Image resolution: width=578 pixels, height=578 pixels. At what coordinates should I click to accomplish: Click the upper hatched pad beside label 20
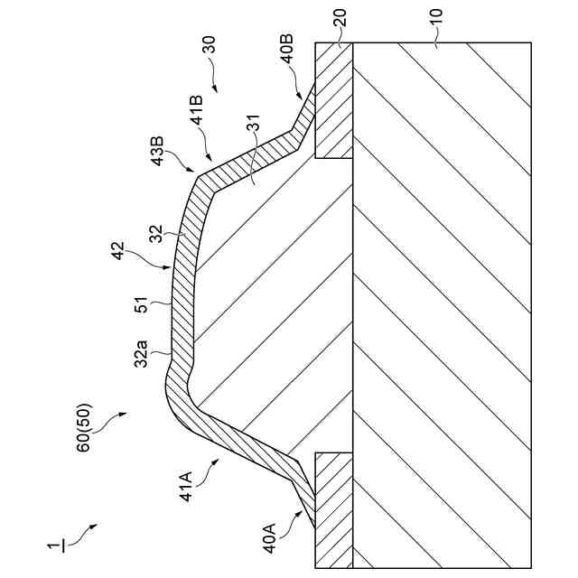point(333,99)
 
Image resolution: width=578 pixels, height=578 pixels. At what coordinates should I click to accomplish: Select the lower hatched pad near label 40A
point(333,510)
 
